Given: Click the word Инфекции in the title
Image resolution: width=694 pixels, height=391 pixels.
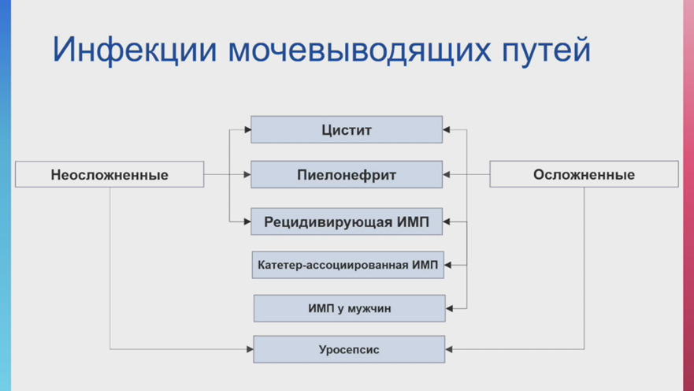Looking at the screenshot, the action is pyautogui.click(x=135, y=50).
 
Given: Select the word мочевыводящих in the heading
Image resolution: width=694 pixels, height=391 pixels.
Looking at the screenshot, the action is pyautogui.click(x=359, y=50).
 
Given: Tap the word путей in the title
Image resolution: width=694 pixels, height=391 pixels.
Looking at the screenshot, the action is pyautogui.click(x=546, y=50).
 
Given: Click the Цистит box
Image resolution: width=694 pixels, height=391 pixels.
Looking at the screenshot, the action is pyautogui.click(x=347, y=130).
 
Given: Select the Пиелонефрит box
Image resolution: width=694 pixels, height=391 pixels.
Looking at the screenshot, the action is pyautogui.click(x=347, y=174).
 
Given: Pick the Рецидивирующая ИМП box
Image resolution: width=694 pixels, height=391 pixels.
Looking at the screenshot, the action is pyautogui.click(x=347, y=222).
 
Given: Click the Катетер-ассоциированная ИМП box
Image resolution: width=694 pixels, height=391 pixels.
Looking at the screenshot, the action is pyautogui.click(x=348, y=265).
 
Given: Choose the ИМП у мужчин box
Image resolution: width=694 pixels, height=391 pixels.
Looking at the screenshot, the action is pyautogui.click(x=349, y=308).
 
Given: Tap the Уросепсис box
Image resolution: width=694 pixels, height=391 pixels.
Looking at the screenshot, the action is pyautogui.click(x=349, y=349).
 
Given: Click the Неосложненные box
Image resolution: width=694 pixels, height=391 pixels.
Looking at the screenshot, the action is pyautogui.click(x=109, y=174).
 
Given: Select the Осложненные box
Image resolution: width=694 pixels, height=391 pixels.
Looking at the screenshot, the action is pyautogui.click(x=584, y=174).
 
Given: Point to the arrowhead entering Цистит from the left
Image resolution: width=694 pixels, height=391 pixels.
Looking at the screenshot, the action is pyautogui.click(x=248, y=130).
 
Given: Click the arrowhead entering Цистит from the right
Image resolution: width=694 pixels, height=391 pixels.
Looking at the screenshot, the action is pyautogui.click(x=446, y=130).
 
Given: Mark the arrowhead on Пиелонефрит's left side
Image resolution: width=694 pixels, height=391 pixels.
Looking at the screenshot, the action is pyautogui.click(x=248, y=174).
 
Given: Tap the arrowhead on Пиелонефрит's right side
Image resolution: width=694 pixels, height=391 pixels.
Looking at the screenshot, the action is pyautogui.click(x=446, y=174).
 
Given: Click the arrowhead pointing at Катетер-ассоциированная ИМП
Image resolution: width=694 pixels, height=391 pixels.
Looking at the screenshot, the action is pyautogui.click(x=447, y=265).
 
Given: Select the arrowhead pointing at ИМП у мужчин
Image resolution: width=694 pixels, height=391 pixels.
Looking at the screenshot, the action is pyautogui.click(x=449, y=308).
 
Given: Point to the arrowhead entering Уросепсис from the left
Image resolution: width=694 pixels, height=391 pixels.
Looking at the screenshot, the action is pyautogui.click(x=250, y=349).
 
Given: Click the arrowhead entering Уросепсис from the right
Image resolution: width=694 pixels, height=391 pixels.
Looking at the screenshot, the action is pyautogui.click(x=448, y=349).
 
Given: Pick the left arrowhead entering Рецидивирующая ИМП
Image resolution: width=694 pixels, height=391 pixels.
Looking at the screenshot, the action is pyautogui.click(x=248, y=222).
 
